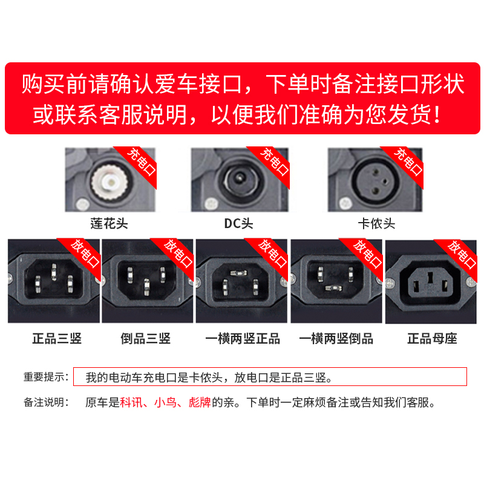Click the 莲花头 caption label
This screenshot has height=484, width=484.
[x=109, y=224]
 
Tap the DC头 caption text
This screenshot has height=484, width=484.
[x=238, y=224]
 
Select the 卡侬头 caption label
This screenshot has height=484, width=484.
[x=376, y=224]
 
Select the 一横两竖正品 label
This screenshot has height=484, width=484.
[x=243, y=338]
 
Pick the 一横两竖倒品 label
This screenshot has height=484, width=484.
[x=336, y=338]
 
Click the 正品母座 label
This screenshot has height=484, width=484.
[x=432, y=338]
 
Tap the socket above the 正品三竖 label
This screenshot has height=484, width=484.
[x=53, y=280]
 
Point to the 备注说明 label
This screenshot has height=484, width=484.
[x=46, y=402]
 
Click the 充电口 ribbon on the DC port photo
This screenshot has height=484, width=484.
[x=275, y=162]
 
